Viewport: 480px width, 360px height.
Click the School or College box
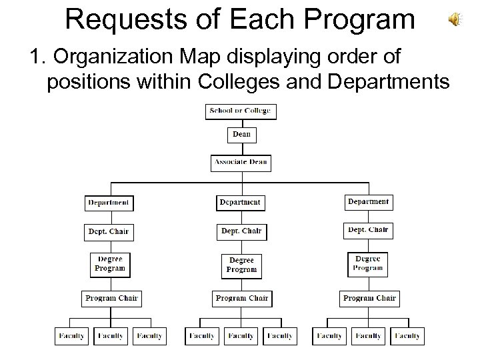(241, 111)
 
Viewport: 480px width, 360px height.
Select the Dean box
(241, 135)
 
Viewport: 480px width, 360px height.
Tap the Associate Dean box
(241, 162)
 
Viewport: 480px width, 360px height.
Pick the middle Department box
(241, 202)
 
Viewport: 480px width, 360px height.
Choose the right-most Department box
(368, 201)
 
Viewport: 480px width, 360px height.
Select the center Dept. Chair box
(241, 231)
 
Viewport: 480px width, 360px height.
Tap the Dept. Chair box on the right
(368, 230)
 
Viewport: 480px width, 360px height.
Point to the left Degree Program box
(110, 263)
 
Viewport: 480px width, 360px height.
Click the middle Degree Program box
(241, 265)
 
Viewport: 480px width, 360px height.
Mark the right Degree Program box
(368, 263)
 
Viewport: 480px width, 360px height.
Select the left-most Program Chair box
(110, 298)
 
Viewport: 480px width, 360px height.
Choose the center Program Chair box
(241, 298)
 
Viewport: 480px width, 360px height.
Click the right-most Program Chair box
(369, 298)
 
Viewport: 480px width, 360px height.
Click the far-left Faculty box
(71, 336)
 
